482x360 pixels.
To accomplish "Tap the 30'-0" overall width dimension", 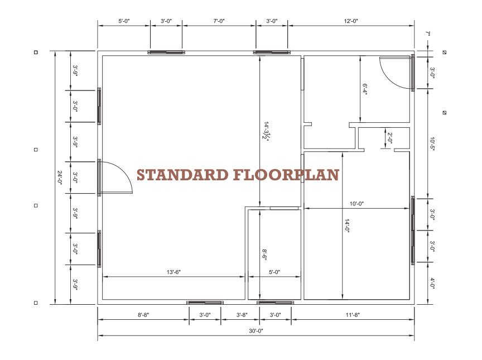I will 256,331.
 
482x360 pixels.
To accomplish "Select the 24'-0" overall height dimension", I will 60,178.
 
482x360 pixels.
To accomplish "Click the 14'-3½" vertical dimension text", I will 267,131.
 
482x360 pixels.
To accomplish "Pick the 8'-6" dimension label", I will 265,255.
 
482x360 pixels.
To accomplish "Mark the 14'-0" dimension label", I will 347,226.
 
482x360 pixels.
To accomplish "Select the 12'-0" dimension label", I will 351,21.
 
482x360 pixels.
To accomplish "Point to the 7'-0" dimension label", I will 219,21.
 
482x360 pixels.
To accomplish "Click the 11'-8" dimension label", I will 353,315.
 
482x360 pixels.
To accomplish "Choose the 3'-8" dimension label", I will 242,315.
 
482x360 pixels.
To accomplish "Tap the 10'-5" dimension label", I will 432,143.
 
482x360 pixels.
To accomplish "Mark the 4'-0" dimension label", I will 432,283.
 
